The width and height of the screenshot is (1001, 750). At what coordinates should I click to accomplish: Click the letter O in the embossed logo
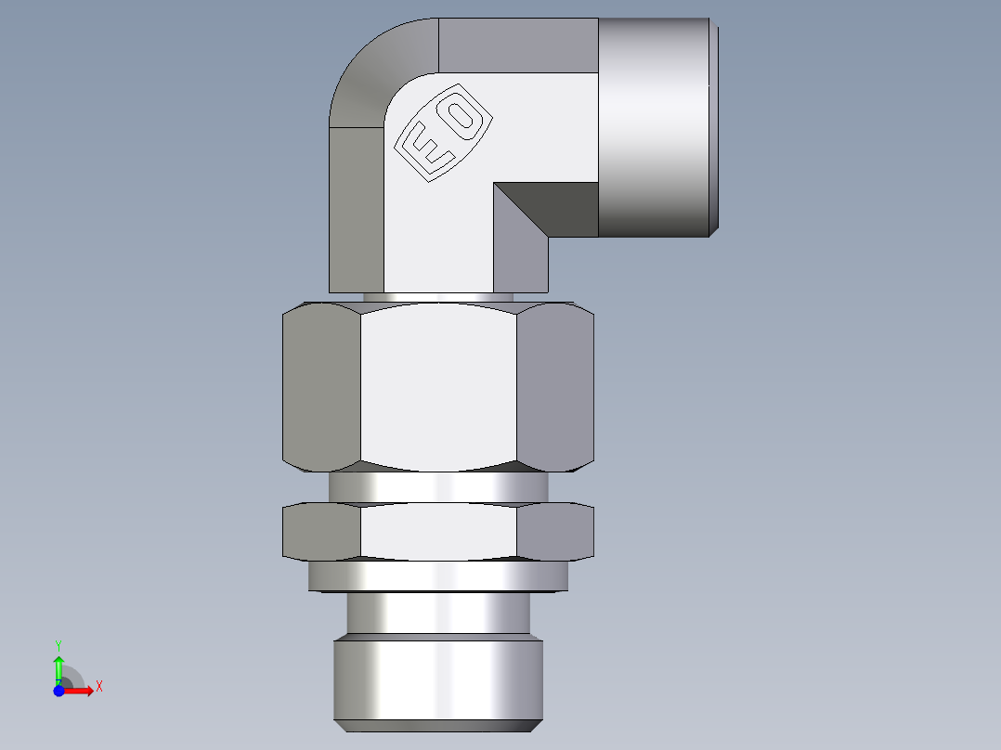pos(461,115)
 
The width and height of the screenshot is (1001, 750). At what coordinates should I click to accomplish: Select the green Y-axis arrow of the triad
pos(58,666)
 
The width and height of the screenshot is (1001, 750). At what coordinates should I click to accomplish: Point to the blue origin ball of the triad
pos(58,690)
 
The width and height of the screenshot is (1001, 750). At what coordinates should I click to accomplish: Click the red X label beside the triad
pos(98,686)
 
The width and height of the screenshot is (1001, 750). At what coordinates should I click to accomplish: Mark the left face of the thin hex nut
pos(321,532)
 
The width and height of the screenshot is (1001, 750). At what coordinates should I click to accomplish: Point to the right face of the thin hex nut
pos(554,532)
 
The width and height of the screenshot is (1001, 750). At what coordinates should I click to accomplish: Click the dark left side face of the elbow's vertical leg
pos(357,210)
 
